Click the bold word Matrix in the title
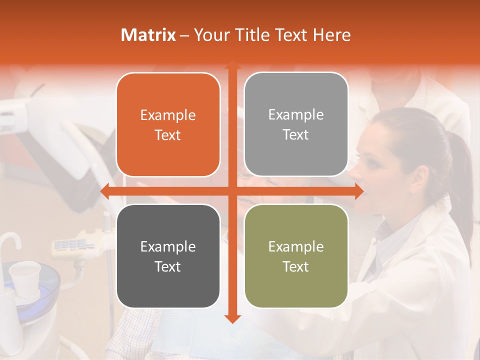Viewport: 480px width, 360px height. click(148, 35)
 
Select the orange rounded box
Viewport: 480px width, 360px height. click(168, 125)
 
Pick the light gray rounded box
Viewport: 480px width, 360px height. click(296, 124)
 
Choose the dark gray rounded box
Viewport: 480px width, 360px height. click(168, 256)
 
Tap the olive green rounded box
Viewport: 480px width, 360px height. click(296, 256)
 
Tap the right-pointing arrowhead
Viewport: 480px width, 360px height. click(358, 191)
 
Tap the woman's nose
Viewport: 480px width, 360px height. click(354, 172)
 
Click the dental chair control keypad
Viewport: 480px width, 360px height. click(70, 244)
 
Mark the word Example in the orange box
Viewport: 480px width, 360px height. click(168, 115)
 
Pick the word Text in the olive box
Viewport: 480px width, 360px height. click(296, 266)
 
